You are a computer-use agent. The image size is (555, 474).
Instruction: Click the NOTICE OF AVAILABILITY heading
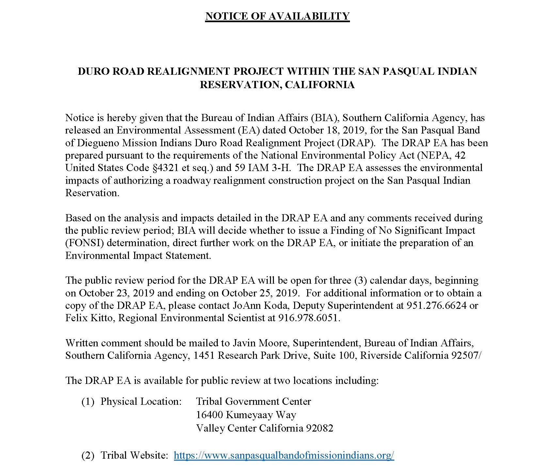click(277, 16)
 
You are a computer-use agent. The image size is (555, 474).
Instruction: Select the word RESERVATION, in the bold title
click(241, 85)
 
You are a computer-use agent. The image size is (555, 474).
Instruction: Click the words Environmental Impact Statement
click(138, 256)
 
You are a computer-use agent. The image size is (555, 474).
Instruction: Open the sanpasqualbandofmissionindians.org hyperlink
click(284, 455)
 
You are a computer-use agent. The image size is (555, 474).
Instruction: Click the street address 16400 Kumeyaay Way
click(246, 415)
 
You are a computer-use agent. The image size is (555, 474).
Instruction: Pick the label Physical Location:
click(141, 402)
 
